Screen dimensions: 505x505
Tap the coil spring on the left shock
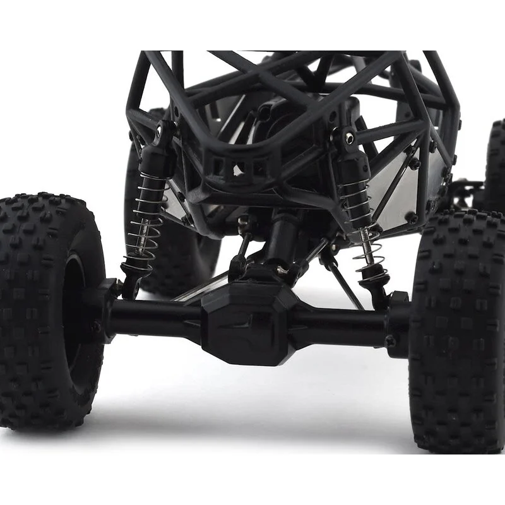coord(144,218)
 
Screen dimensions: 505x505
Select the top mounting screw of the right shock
coord(347,136)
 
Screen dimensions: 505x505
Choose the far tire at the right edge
coord(496,164)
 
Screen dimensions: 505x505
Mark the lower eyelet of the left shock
coord(129,278)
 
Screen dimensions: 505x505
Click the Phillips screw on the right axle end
coord(390,342)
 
